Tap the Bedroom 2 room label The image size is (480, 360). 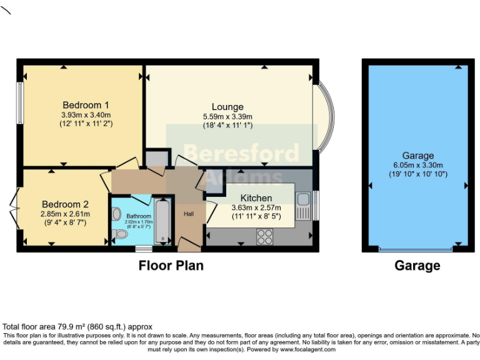pyautogui.click(x=65, y=204)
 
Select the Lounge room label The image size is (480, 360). pyautogui.click(x=227, y=107)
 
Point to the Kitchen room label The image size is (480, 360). pyautogui.click(x=256, y=198)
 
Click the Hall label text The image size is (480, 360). pyautogui.click(x=189, y=214)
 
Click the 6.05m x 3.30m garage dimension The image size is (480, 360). pyautogui.click(x=417, y=165)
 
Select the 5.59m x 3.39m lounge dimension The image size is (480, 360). pyautogui.click(x=227, y=116)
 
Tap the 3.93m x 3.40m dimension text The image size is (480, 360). pyautogui.click(x=86, y=115)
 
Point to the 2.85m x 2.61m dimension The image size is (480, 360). pyautogui.click(x=65, y=214)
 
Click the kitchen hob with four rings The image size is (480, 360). pyautogui.click(x=264, y=236)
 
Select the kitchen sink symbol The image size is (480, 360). pyautogui.click(x=303, y=206)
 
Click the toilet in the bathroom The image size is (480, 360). pyautogui.click(x=120, y=234)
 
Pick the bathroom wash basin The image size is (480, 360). pyautogui.click(x=116, y=214)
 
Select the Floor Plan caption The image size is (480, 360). pyautogui.click(x=171, y=265)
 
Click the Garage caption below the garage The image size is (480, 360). pyautogui.click(x=417, y=265)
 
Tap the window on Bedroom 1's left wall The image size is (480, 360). pyautogui.click(x=20, y=102)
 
